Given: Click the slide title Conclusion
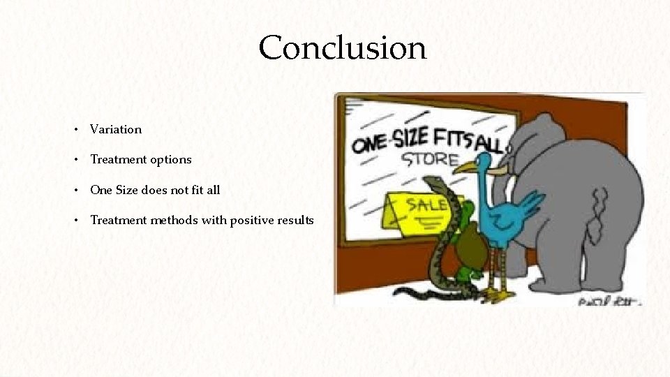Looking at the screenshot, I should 342,48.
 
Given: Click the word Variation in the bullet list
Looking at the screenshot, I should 116,129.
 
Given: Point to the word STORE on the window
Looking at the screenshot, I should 429,159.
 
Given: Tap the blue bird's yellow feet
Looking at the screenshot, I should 497,295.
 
